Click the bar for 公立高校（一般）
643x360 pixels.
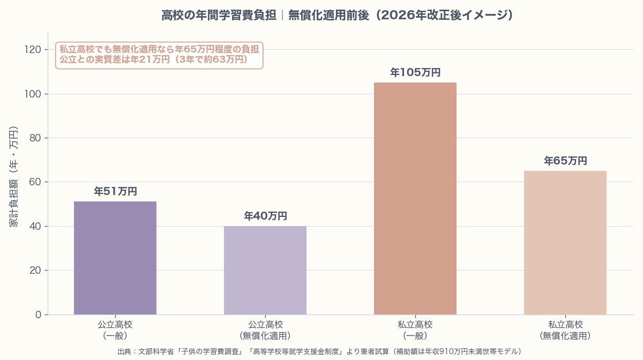tap(115, 258)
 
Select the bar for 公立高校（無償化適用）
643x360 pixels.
tap(265, 270)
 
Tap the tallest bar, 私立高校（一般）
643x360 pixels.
tap(415, 198)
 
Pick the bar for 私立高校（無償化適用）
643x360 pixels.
tap(565, 242)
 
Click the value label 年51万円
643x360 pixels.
tap(115, 191)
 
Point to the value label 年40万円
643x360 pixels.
tap(265, 216)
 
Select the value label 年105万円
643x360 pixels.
tap(415, 72)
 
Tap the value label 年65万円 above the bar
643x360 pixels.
tap(565, 161)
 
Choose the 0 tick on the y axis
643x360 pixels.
tap(38, 314)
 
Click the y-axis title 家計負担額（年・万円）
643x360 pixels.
tap(14, 177)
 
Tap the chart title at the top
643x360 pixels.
tap(338, 16)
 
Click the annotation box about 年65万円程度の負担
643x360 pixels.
tap(159, 55)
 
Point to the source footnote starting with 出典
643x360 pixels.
tap(319, 351)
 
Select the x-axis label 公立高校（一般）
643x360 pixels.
tap(115, 330)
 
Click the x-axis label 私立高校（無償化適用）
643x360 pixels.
tap(565, 330)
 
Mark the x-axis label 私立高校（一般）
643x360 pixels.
tap(415, 330)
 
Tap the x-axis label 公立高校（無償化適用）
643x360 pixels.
tap(265, 330)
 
